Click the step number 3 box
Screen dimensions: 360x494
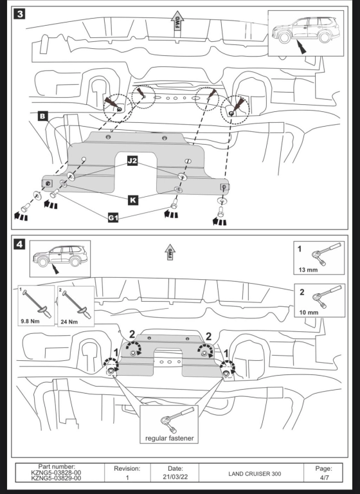tap(19, 14)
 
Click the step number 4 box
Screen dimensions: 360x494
tap(19, 244)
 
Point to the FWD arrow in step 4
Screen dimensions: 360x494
tap(170, 252)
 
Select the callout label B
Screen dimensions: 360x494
tap(42, 116)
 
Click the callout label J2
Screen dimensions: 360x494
tap(132, 161)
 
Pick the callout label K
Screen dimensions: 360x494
tap(133, 200)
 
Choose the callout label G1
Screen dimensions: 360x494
tap(113, 217)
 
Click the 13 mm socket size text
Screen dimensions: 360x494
tap(308, 270)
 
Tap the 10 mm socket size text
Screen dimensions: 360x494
tap(309, 313)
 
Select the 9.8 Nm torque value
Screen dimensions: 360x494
tap(31, 322)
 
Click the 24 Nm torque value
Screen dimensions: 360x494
tap(69, 322)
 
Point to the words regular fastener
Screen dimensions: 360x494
tap(170, 438)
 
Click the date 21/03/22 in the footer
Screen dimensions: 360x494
tap(175, 477)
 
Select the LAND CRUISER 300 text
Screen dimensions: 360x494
tap(255, 474)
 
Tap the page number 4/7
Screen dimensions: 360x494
tap(324, 477)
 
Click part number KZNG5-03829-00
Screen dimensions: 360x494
tap(56, 478)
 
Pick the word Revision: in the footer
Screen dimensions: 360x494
tap(127, 468)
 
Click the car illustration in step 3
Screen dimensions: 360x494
tap(306, 31)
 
